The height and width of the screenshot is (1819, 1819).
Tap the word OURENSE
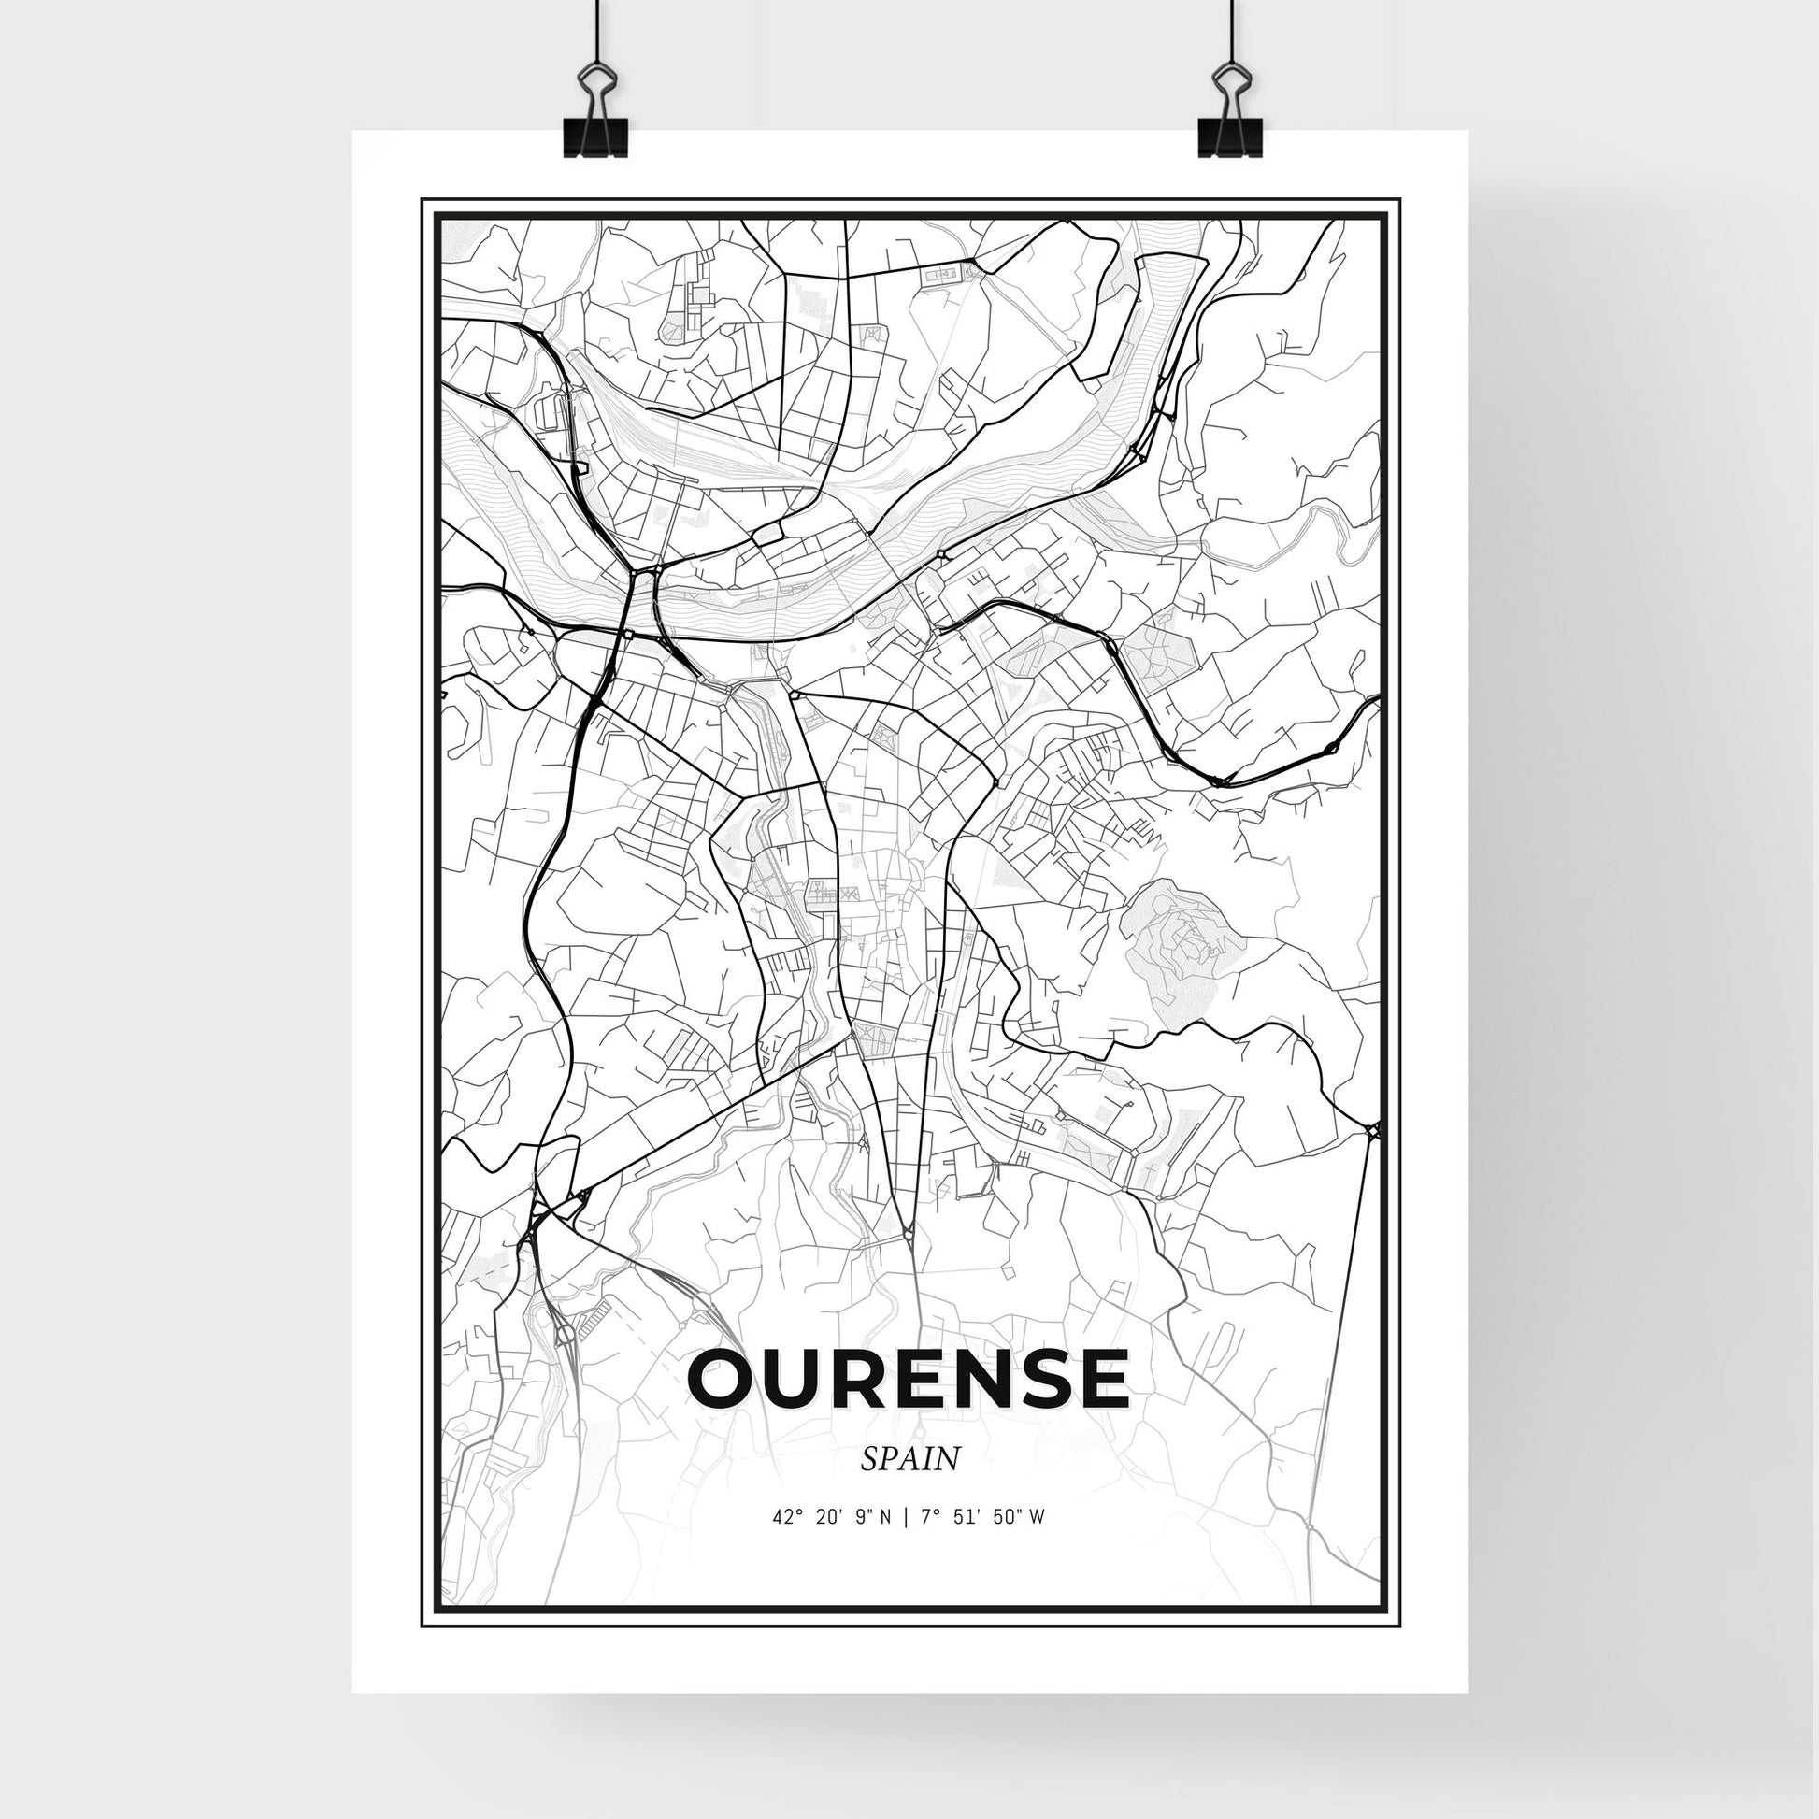909,1379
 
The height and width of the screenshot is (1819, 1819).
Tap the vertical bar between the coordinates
905,1543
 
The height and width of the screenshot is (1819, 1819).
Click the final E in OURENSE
1099,1379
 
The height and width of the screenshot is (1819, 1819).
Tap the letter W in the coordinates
1037,1543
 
